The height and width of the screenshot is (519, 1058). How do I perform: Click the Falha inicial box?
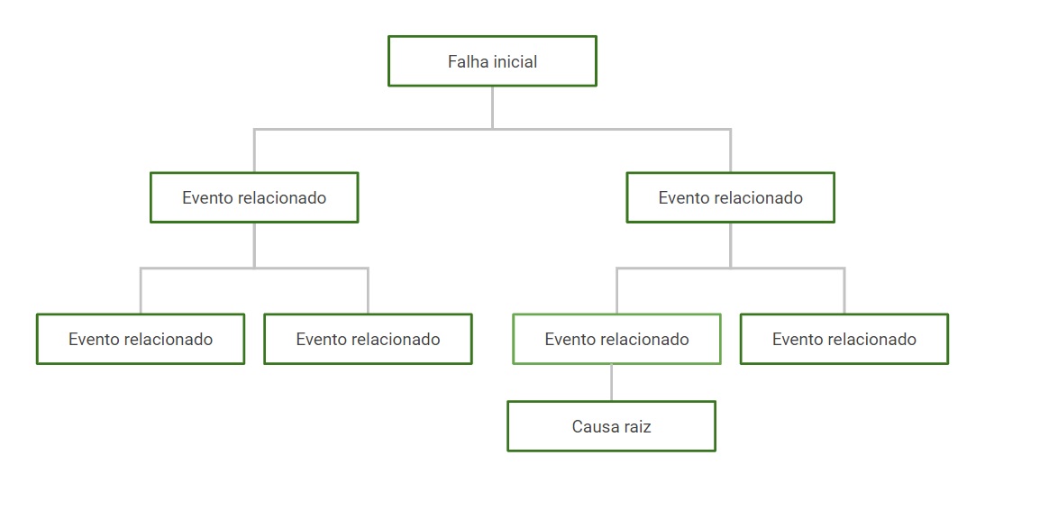[x=492, y=61]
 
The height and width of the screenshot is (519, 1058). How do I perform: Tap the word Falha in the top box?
[x=466, y=62]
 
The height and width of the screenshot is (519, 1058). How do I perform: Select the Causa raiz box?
[x=611, y=426]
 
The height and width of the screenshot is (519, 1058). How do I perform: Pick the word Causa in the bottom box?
[x=593, y=426]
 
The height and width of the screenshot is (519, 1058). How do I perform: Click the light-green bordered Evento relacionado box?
[x=616, y=339]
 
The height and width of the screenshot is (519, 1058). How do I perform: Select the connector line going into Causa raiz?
[x=611, y=382]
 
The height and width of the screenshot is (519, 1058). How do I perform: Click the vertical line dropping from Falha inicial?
[x=492, y=106]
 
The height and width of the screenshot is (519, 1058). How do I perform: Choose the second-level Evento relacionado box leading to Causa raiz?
[x=730, y=197]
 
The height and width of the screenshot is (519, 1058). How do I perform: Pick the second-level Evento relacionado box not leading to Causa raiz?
[x=254, y=197]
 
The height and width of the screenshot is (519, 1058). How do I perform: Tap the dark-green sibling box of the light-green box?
[x=844, y=339]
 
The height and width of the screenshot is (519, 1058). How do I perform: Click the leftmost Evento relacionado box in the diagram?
[x=141, y=339]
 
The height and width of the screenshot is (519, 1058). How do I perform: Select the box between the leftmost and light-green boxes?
[x=368, y=339]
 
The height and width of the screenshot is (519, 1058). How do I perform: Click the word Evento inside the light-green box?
[x=569, y=340]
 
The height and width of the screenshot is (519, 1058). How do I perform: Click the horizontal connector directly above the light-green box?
[x=671, y=268]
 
